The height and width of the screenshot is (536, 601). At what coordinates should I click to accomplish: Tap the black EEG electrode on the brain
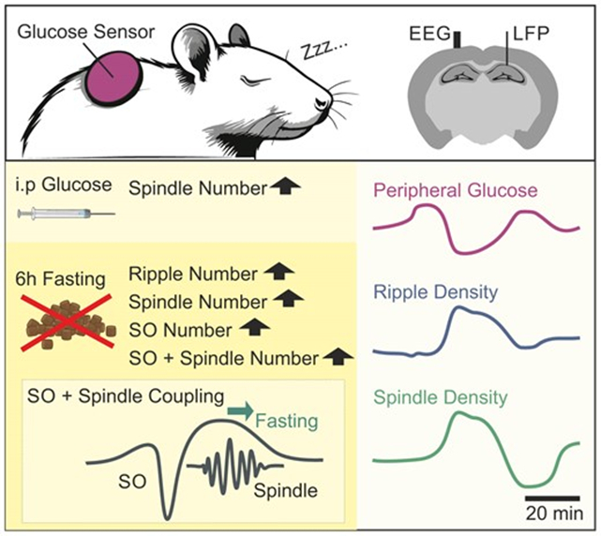click(x=457, y=41)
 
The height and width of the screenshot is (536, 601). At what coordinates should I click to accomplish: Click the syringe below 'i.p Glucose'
click(x=66, y=215)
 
